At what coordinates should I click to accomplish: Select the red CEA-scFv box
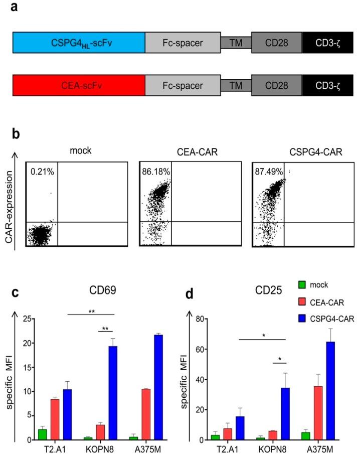coord(79,85)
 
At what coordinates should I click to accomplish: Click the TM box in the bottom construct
coord(236,85)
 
